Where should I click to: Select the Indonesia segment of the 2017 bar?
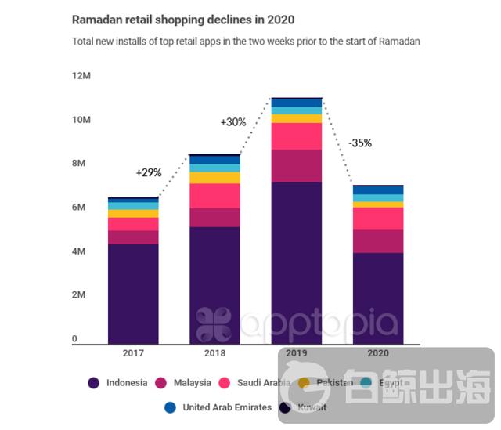[x=133, y=294]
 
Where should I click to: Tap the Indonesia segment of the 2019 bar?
[x=296, y=262]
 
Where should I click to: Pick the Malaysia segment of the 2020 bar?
[x=378, y=241]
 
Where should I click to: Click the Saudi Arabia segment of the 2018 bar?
[x=214, y=196]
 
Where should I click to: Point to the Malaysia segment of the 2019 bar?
[x=296, y=165]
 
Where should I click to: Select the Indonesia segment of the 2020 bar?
[x=378, y=298]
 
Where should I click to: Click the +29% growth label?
[x=149, y=172]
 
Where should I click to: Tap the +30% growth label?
[x=233, y=122]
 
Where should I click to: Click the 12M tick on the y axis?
[x=81, y=76]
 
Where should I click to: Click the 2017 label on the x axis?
[x=133, y=353]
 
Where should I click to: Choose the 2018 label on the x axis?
[x=214, y=353]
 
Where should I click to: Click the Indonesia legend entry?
[x=125, y=383]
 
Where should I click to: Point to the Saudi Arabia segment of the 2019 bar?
[x=296, y=136]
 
